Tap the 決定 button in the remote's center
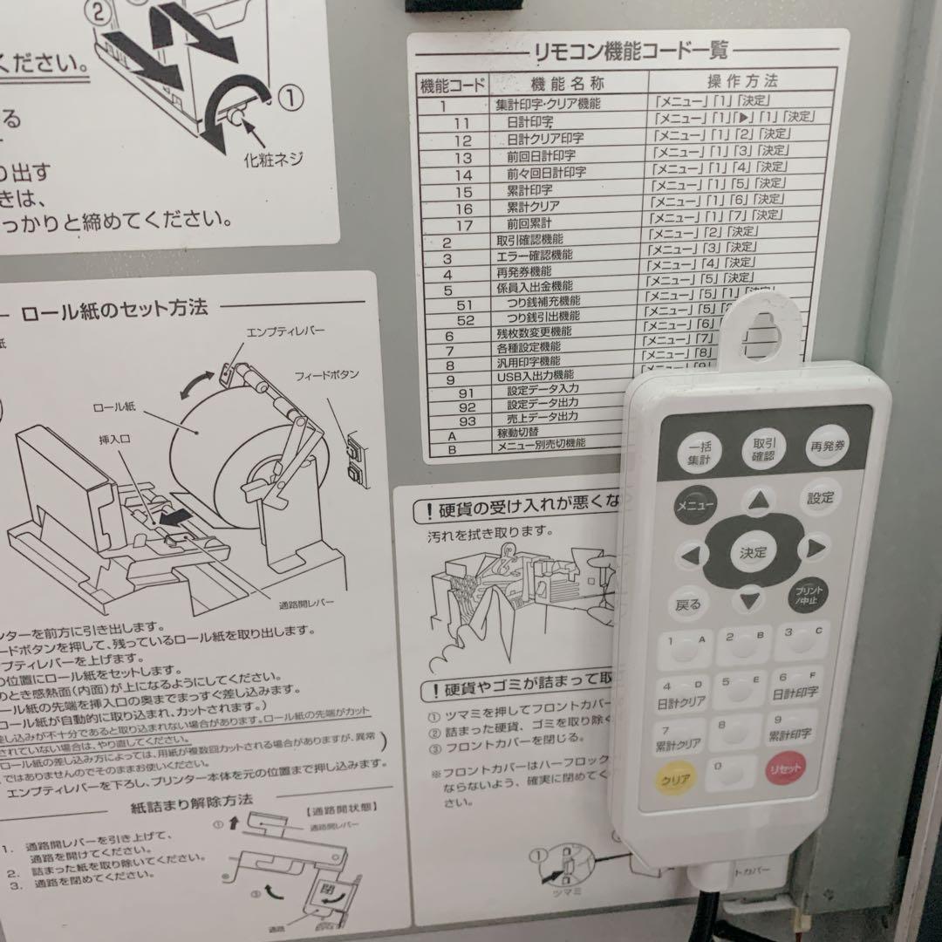pyautogui.click(x=753, y=553)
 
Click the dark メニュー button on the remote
pyautogui.click(x=695, y=505)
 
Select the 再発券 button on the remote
pyautogui.click(x=827, y=445)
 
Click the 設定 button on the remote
pyautogui.click(x=820, y=498)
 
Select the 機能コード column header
pyautogui.click(x=453, y=85)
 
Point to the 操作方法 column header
pyautogui.click(x=741, y=82)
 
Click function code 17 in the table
pyautogui.click(x=464, y=225)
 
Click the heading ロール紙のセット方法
pyautogui.click(x=114, y=308)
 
